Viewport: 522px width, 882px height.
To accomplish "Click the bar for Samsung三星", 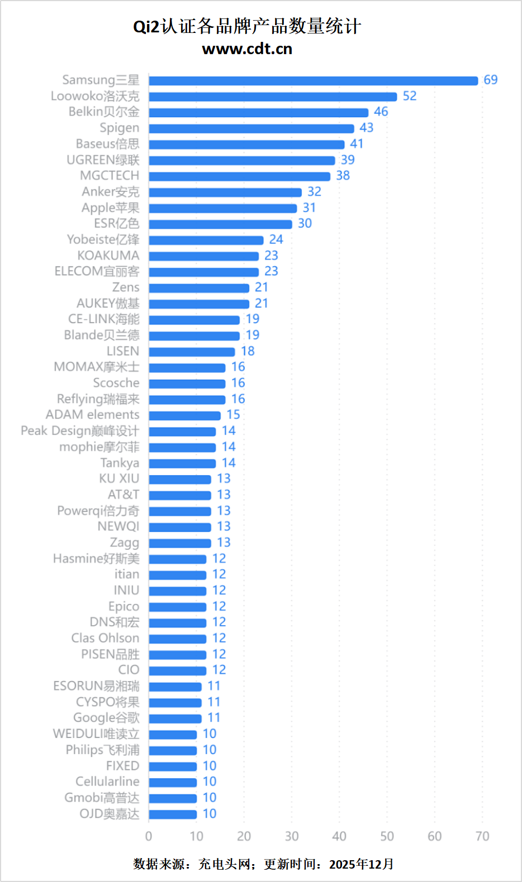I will click(313, 80).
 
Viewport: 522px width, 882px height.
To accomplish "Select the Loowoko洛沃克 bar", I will click(273, 97).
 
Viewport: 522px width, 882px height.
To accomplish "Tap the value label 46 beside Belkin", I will click(381, 112).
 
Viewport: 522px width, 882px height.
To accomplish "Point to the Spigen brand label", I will click(119, 128).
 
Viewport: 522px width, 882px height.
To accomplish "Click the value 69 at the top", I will click(491, 80).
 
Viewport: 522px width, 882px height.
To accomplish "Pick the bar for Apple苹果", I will click(222, 208).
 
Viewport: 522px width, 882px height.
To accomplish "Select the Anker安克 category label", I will click(110, 192).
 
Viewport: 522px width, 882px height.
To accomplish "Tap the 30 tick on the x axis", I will click(292, 836).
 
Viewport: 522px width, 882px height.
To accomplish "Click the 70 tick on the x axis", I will click(482, 836).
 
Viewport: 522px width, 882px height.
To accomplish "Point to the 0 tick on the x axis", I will click(149, 836).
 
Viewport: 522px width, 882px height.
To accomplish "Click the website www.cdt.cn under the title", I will click(247, 49).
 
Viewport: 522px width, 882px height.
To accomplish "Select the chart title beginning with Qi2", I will click(247, 26).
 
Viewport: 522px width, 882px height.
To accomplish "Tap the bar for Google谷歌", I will click(175, 718).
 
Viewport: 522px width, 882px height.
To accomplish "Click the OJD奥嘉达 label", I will click(109, 814).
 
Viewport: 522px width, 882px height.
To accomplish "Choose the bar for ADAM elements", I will click(184, 415).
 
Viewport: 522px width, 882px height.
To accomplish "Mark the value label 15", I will click(233, 415).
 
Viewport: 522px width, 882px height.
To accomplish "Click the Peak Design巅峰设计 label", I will click(80, 431).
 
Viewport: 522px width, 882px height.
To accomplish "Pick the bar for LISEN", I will click(192, 352).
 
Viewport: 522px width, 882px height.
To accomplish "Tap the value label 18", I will click(248, 351).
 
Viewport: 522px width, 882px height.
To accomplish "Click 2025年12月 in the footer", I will click(361, 864).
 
